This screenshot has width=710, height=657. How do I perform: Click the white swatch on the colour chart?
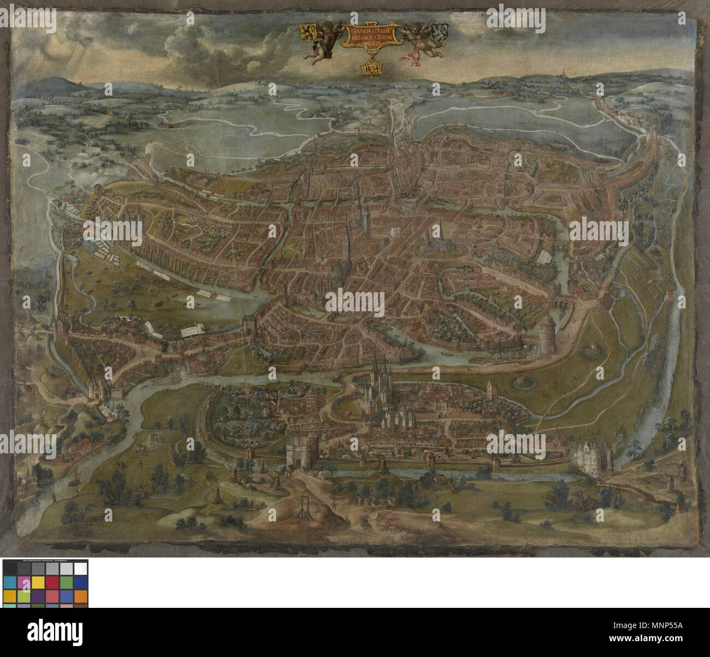pyautogui.click(x=80, y=569)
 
